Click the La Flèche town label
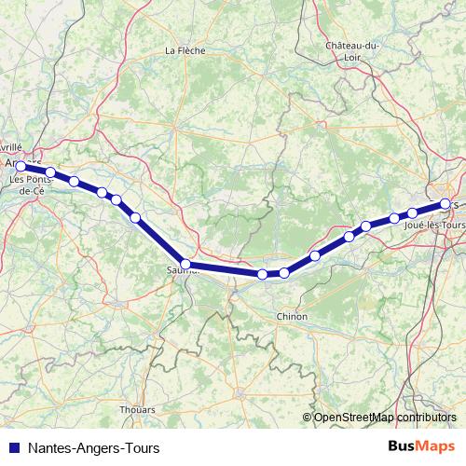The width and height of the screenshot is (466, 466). click(x=184, y=50)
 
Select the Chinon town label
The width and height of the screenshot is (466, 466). click(x=292, y=317)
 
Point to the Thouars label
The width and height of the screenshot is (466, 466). click(x=137, y=409)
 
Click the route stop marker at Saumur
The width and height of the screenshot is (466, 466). click(x=185, y=265)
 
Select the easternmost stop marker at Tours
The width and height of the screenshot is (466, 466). click(x=445, y=203)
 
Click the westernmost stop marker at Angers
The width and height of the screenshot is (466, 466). click(x=21, y=166)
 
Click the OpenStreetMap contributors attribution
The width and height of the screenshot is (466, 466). click(x=385, y=418)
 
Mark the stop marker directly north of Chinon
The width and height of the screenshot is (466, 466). click(x=284, y=273)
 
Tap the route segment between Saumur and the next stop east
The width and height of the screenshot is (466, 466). click(x=224, y=269)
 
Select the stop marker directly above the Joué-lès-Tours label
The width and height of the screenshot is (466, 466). click(x=412, y=213)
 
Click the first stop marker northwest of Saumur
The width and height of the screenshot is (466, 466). click(x=136, y=217)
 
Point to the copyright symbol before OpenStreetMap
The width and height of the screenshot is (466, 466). click(x=308, y=418)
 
